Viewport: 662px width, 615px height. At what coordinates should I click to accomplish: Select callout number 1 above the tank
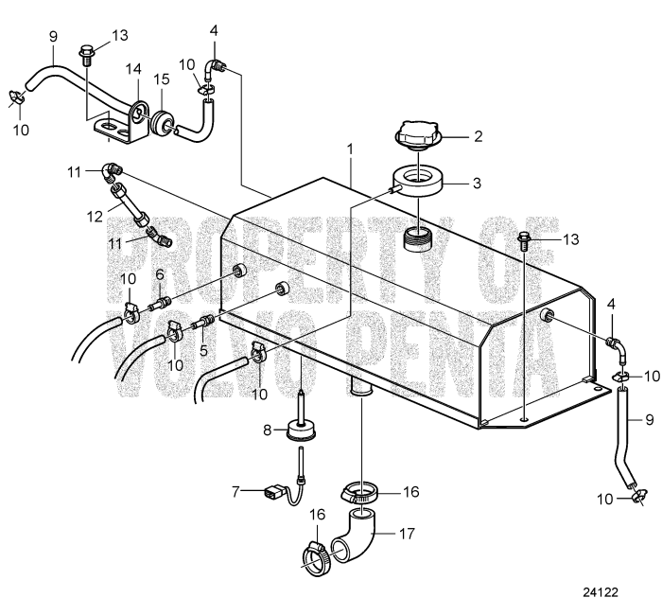pos(350,149)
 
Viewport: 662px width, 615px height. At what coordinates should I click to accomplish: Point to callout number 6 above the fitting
pos(160,273)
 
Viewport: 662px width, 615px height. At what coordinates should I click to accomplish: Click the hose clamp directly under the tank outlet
pos(361,493)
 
